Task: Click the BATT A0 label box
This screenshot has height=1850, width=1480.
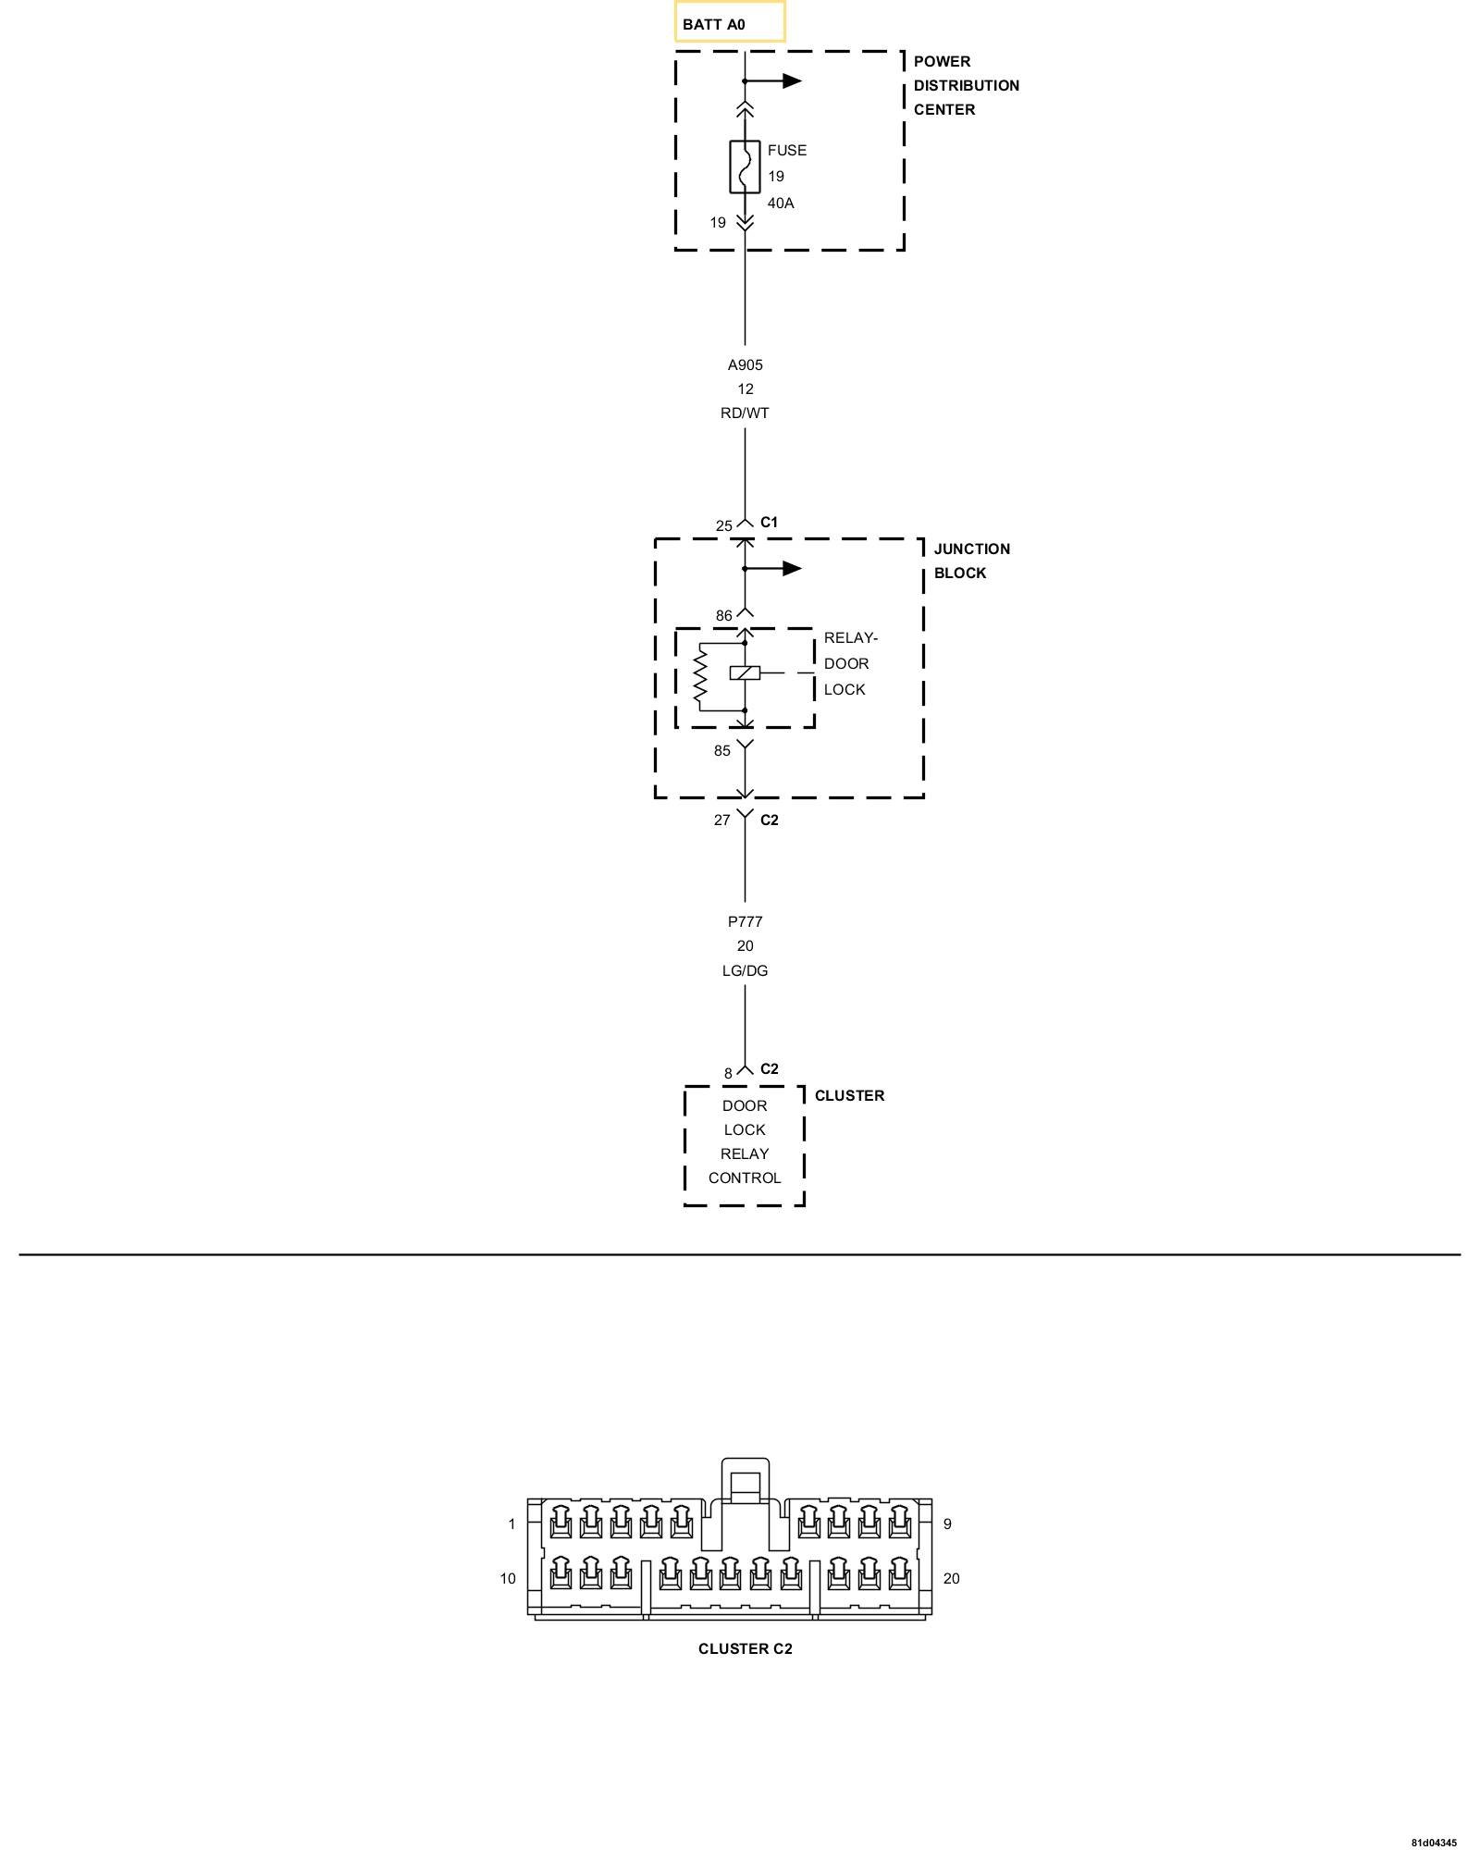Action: point(729,22)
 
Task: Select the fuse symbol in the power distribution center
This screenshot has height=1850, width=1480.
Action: point(745,166)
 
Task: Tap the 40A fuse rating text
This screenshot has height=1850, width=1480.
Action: point(781,203)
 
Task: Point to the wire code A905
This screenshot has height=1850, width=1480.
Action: point(745,364)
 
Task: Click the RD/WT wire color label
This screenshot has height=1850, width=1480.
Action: point(745,413)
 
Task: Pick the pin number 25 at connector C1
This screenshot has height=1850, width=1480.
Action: point(723,525)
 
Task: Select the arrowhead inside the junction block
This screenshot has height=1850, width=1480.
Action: point(792,568)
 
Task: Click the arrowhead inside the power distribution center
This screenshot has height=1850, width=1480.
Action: point(792,80)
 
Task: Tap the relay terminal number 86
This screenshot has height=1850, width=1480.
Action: point(723,615)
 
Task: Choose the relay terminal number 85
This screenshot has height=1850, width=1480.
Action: point(721,750)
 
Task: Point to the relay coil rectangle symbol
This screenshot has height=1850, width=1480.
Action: point(745,672)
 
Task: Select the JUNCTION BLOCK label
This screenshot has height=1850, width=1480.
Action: point(971,561)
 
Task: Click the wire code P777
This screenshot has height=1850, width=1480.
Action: point(745,921)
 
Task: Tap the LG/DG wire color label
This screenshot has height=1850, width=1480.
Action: point(745,970)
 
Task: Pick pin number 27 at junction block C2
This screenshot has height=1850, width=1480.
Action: point(721,820)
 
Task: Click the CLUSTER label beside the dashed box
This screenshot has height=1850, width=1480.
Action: point(849,1095)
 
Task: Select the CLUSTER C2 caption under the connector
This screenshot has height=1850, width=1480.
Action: point(745,1648)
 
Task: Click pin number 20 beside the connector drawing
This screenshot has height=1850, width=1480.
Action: point(951,1578)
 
